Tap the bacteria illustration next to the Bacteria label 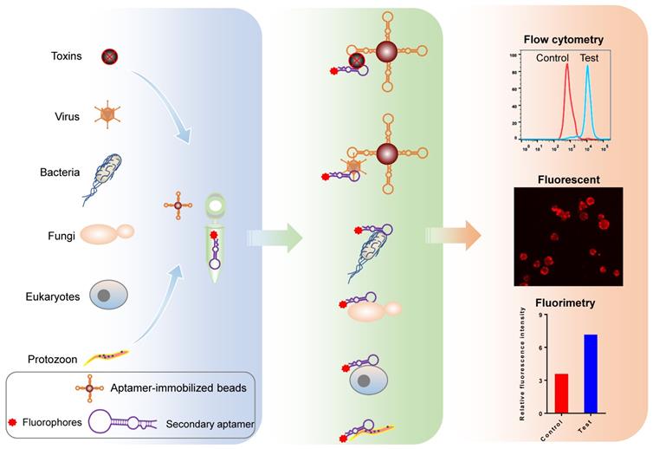[102, 178]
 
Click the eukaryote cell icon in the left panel [109, 295]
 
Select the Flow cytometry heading [564, 39]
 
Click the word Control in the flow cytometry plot [552, 59]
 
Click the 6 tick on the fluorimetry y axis [540, 347]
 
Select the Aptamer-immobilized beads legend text [178, 387]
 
